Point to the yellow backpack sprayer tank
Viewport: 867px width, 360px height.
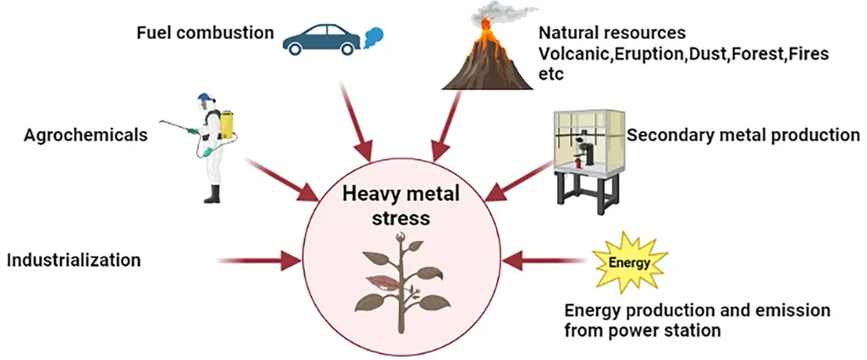[226, 125]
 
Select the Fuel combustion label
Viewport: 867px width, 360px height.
[205, 33]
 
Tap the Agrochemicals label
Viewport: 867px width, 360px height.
[86, 135]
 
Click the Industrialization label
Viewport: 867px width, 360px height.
[74, 259]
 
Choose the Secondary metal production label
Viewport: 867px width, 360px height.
[743, 135]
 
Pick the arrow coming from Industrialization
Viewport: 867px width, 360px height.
[259, 260]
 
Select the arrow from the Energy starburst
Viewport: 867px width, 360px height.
[544, 260]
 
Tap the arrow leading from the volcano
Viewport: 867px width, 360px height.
[447, 125]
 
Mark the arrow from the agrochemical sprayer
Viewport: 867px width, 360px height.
[282, 180]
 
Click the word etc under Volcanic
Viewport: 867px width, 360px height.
[551, 74]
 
